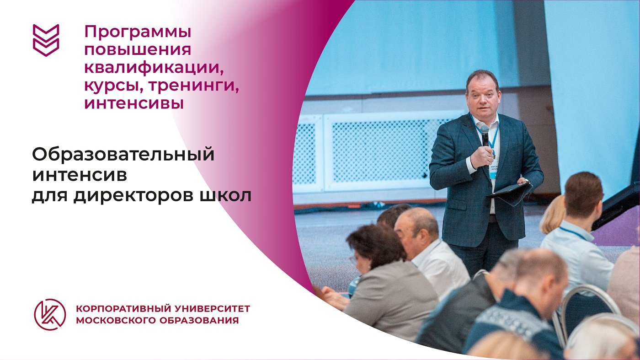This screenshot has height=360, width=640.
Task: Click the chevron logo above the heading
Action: tap(46, 40)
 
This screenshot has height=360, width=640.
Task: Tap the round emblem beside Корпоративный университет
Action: tap(50, 314)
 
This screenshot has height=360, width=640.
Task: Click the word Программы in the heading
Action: tap(138, 32)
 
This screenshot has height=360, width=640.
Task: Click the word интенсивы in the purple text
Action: tap(134, 103)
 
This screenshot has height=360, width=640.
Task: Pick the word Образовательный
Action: tap(123, 155)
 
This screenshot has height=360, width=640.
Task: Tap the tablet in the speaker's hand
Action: tap(510, 191)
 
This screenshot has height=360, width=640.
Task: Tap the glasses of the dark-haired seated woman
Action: tap(353, 258)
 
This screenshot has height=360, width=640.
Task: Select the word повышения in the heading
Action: tap(137, 50)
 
